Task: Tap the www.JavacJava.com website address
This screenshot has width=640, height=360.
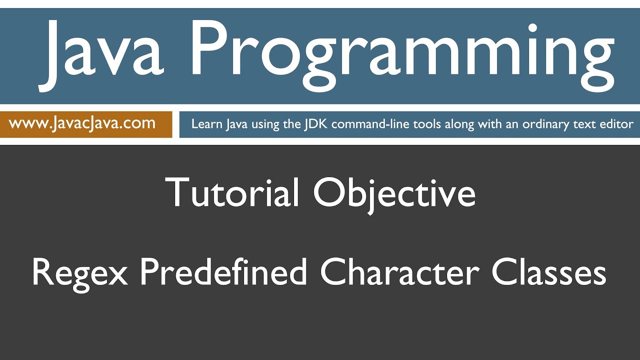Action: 82,123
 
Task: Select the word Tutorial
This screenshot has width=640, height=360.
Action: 232,192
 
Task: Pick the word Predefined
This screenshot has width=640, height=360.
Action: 222,272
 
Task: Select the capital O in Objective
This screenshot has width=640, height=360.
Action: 329,192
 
